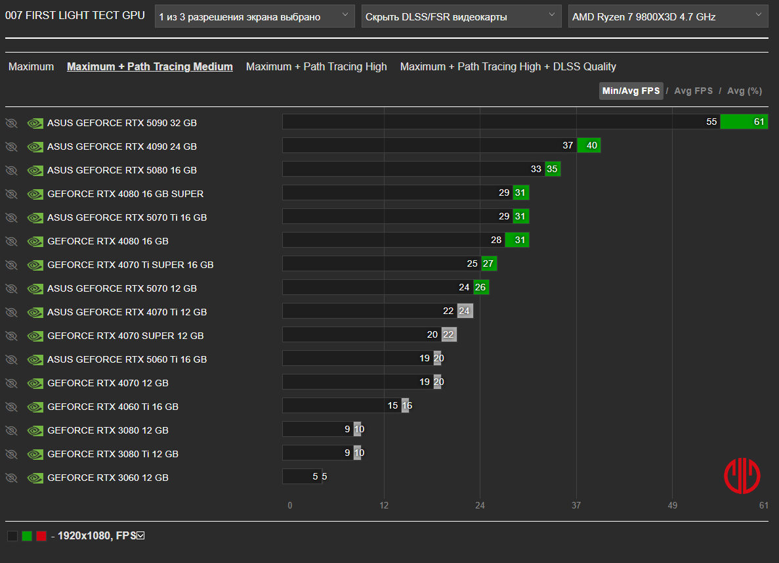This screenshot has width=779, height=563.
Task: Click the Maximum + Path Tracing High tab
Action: [x=316, y=66]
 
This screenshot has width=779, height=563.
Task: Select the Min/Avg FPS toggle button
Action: [x=631, y=91]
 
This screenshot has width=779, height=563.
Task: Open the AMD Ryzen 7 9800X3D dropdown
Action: [x=667, y=16]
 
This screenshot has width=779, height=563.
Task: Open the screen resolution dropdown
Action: [x=255, y=16]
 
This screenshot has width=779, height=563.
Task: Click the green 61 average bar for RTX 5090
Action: [x=744, y=122]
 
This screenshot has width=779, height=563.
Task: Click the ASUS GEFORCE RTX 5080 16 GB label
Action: [x=122, y=170]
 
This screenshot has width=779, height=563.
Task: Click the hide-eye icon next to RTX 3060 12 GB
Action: [x=11, y=478]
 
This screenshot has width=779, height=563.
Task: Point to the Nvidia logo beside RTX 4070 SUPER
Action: [x=35, y=336]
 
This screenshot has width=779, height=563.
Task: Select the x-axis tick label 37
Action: [x=576, y=505]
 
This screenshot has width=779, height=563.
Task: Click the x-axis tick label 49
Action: [x=672, y=505]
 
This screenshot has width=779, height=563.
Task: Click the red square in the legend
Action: [x=41, y=535]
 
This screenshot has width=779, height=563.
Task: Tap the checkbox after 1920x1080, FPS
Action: [x=140, y=535]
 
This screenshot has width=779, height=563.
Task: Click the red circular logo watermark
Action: [x=742, y=476]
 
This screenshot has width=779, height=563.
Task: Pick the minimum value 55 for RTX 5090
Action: [x=711, y=122]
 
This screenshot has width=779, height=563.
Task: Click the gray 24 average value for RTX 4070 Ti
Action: [x=465, y=311]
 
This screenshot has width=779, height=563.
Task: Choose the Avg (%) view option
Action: [x=744, y=91]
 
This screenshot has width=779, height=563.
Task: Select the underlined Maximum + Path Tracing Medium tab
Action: [x=150, y=66]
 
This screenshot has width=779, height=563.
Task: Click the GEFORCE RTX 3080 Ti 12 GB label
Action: [x=113, y=454]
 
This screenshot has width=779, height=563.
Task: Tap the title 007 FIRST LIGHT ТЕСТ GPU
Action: [x=75, y=15]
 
